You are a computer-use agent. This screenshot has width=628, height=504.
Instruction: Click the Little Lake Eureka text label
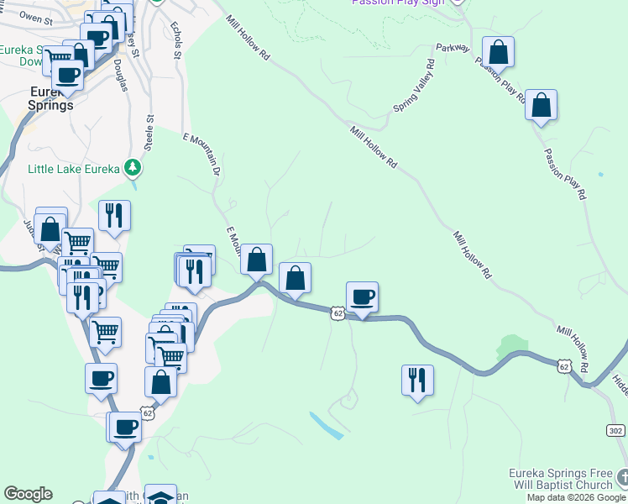click(74, 169)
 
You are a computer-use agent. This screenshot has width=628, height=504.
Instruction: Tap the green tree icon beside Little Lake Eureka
click(133, 169)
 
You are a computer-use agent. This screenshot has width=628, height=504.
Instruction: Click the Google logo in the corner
click(28, 494)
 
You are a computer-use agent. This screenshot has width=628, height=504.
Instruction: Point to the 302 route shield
click(615, 429)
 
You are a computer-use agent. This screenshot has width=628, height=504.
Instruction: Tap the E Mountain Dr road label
click(202, 155)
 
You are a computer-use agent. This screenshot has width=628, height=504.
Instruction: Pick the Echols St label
click(176, 40)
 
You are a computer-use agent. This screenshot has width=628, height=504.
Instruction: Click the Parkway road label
click(453, 48)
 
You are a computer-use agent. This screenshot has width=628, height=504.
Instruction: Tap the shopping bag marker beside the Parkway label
click(498, 52)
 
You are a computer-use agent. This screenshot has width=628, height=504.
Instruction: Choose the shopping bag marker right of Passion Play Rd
click(542, 106)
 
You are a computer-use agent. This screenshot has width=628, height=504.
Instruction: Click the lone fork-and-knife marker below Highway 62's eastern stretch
click(417, 380)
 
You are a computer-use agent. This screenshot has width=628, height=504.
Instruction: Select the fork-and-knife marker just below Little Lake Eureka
click(114, 216)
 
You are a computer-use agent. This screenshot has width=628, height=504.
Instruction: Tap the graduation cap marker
click(160, 496)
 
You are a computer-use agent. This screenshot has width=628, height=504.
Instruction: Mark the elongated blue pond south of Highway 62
click(326, 425)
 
